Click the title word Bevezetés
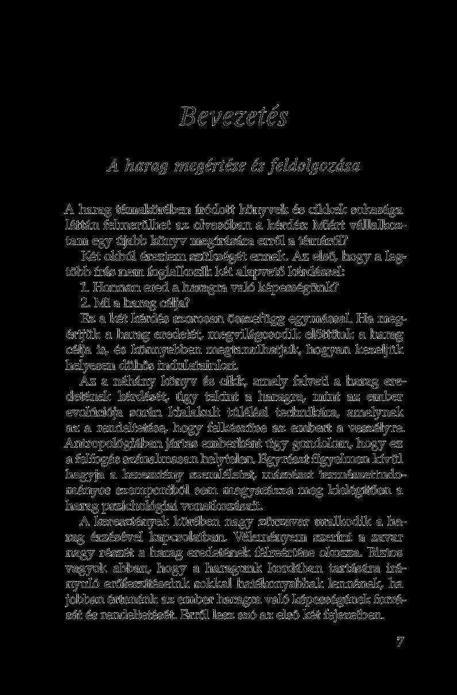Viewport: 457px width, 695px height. pos(233,117)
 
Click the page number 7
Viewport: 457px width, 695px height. pos(400,642)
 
